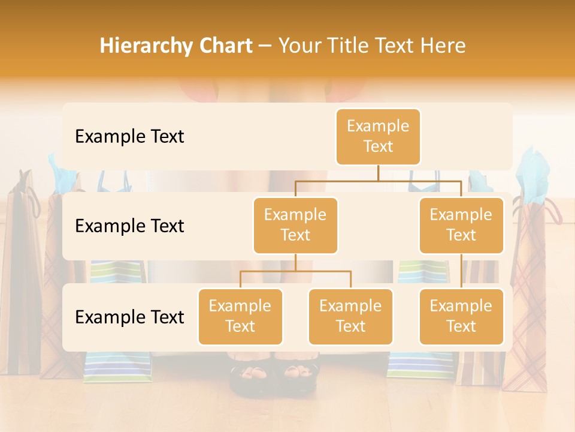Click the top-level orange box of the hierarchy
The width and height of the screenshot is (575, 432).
point(378,136)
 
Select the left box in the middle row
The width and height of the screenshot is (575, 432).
point(295,225)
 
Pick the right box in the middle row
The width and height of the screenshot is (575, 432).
point(461,225)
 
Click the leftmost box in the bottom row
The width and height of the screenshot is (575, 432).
point(240,316)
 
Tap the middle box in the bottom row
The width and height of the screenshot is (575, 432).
point(350,316)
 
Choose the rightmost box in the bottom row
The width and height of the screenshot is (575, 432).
point(461,316)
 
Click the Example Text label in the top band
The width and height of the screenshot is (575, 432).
point(129,137)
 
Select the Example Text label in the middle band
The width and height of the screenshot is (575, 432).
point(129,226)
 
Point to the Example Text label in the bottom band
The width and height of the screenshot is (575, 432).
point(129,317)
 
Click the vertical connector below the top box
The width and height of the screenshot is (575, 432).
point(378,173)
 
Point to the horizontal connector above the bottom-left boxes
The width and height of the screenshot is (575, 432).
point(295,271)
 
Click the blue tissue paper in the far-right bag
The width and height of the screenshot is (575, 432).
point(532,174)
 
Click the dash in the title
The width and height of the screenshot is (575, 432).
point(265,46)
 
